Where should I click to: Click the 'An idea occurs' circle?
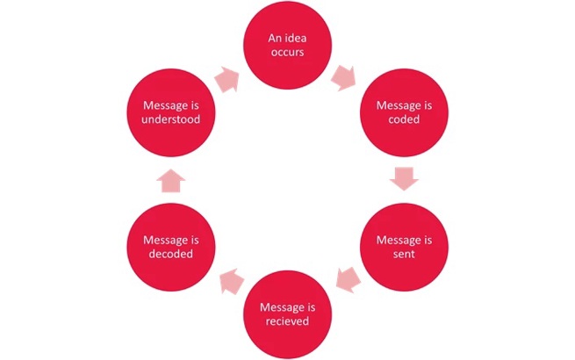[287, 46]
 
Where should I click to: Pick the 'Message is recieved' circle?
[287, 314]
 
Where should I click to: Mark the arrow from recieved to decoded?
[229, 282]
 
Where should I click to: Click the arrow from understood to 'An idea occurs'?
[226, 80]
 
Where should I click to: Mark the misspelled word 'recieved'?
[287, 322]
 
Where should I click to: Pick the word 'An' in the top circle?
[274, 39]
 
